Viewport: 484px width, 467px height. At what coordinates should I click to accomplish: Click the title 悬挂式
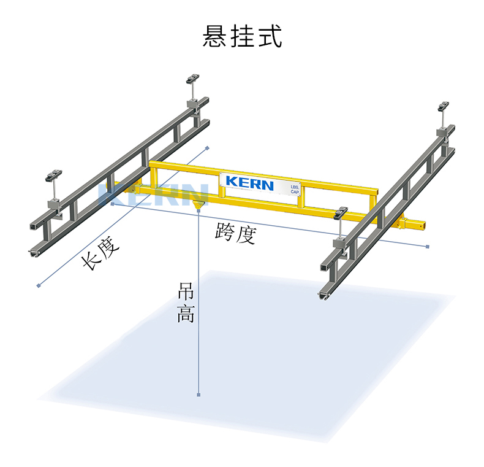pyautogui.click(x=242, y=36)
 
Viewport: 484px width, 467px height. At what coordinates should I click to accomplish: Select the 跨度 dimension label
pyautogui.click(x=236, y=233)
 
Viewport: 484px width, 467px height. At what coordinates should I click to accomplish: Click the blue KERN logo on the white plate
pyautogui.click(x=250, y=183)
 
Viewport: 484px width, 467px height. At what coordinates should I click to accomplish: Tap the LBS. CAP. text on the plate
pyautogui.click(x=295, y=190)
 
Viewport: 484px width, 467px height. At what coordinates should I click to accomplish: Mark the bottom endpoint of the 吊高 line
pyautogui.click(x=199, y=395)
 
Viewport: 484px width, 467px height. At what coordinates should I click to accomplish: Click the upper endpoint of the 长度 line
pyautogui.click(x=208, y=148)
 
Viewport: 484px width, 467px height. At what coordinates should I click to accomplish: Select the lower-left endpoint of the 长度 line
pyautogui.click(x=39, y=286)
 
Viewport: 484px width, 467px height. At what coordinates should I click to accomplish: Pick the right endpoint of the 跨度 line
pyautogui.click(x=428, y=247)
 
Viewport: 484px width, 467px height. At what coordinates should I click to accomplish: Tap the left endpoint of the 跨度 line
pyautogui.click(x=113, y=204)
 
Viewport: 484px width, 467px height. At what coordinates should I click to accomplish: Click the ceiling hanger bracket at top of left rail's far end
pyautogui.click(x=192, y=79)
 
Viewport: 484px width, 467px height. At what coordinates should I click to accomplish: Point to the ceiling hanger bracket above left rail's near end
pyautogui.click(x=54, y=175)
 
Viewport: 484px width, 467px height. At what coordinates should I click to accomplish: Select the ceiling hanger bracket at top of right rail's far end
pyautogui.click(x=443, y=106)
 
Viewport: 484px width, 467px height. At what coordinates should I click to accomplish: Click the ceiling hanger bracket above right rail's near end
pyautogui.click(x=341, y=213)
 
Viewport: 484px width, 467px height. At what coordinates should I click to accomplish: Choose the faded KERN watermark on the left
pyautogui.click(x=153, y=195)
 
